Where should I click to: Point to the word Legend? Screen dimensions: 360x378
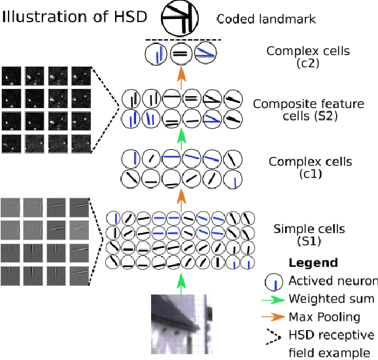tap(313, 263)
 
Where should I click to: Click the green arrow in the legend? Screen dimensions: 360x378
tap(275, 300)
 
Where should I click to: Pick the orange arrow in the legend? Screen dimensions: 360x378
tap(275, 317)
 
